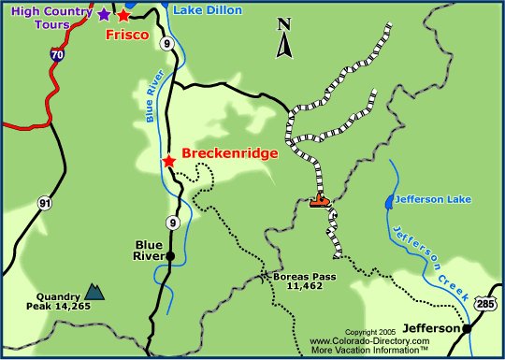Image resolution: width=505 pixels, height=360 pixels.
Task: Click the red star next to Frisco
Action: pyautogui.click(x=123, y=15)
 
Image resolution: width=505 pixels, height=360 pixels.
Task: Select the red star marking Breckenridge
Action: pyautogui.click(x=168, y=161)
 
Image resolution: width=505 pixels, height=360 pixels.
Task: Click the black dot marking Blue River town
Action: pyautogui.click(x=169, y=255)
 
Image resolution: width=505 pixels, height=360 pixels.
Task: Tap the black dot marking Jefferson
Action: pyautogui.click(x=466, y=328)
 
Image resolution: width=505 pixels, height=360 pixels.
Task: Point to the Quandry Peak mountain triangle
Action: pyautogui.click(x=94, y=292)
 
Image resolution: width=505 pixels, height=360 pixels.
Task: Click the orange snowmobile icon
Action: pyautogui.click(x=320, y=199)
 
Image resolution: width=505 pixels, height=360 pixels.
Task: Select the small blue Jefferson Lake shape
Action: pyautogui.click(x=389, y=201)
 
